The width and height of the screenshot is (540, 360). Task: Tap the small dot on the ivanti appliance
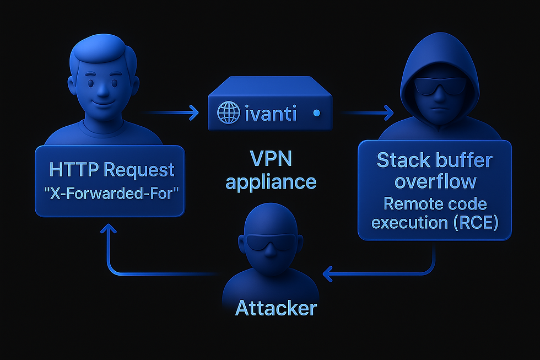click(316, 114)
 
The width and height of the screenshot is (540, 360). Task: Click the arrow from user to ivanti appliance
click(176, 114)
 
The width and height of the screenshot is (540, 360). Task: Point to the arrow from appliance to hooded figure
click(366, 114)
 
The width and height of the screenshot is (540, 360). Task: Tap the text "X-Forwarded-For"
click(110, 194)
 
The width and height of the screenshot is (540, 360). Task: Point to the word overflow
click(434, 182)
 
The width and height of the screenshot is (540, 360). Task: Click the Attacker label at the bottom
click(276, 308)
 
